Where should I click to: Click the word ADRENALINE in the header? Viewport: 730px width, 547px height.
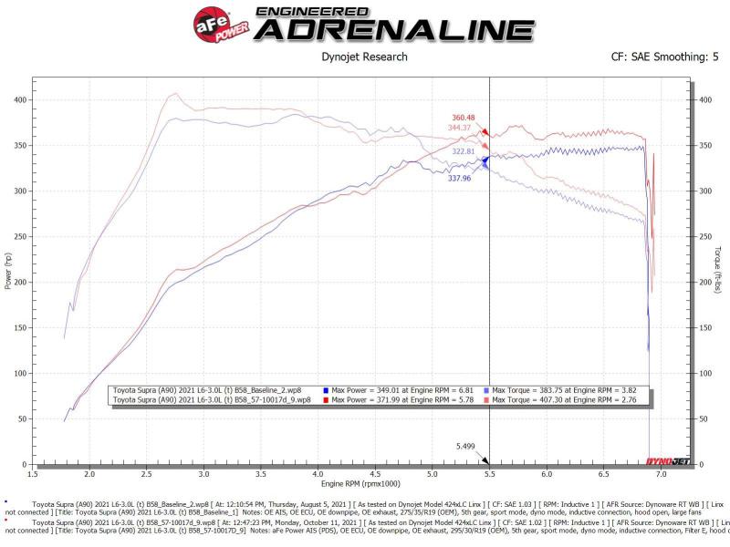tap(393, 30)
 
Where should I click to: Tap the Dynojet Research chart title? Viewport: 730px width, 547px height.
tap(365, 57)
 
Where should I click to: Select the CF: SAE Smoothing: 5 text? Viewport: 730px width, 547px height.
tap(665, 57)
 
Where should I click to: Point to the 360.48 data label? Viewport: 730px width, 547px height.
tap(464, 119)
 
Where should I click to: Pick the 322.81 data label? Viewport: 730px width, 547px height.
tap(464, 151)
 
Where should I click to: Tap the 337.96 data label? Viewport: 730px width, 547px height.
tap(459, 179)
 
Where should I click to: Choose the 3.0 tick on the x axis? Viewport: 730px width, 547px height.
tap(203, 474)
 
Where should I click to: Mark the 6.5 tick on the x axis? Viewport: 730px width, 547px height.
tap(603, 474)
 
